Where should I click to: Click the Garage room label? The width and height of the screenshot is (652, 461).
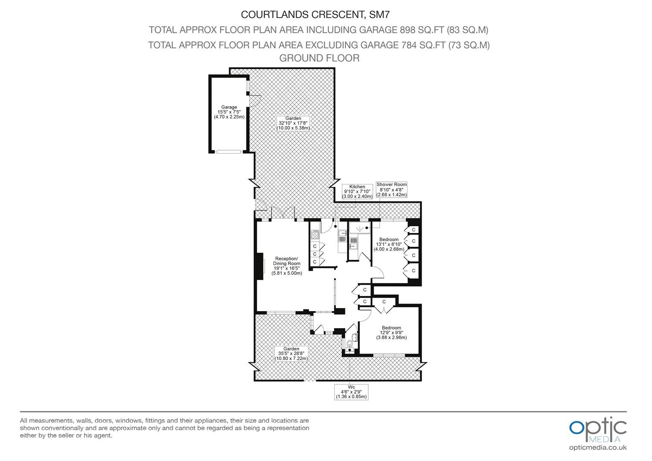(229, 112)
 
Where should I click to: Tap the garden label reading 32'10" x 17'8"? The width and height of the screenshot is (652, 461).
(293, 123)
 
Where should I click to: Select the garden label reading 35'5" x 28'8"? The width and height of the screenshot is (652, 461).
(291, 354)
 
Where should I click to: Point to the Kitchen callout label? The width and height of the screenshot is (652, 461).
(357, 192)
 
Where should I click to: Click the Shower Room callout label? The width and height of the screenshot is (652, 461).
(391, 190)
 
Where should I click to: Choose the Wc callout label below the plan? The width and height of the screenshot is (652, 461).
(351, 392)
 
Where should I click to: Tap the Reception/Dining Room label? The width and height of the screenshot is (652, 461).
(287, 266)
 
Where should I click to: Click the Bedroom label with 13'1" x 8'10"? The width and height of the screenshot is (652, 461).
(389, 244)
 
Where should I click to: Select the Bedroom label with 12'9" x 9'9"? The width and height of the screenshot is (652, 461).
(391, 333)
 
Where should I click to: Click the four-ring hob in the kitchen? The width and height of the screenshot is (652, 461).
(314, 235)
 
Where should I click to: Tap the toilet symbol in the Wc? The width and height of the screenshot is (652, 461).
(350, 345)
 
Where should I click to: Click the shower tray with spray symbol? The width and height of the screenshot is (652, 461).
(360, 228)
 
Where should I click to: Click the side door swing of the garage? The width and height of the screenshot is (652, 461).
(254, 101)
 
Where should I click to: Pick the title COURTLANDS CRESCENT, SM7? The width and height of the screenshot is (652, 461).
(315, 15)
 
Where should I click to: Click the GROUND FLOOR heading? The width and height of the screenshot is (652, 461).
(319, 58)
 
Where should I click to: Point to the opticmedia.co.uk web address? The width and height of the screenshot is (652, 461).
(598, 448)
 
